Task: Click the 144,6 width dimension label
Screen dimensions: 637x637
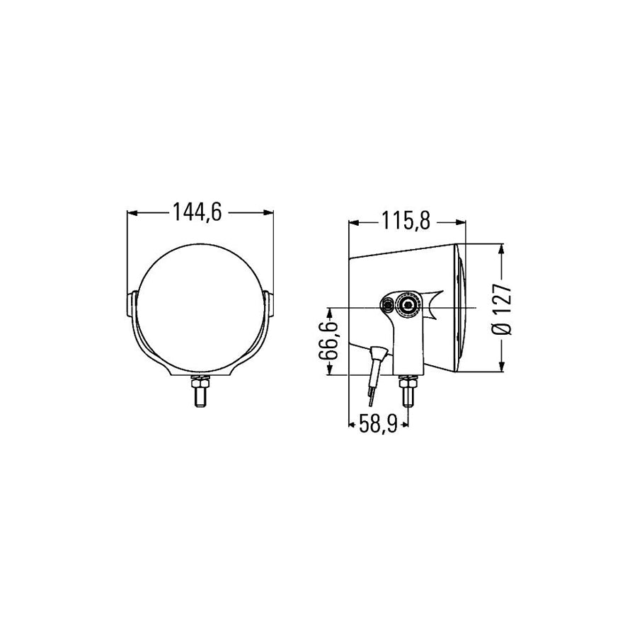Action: tap(197, 212)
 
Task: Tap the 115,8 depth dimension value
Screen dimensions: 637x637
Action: tap(406, 222)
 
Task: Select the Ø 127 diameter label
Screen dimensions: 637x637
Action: tap(502, 309)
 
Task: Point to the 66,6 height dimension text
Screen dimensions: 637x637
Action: tap(328, 341)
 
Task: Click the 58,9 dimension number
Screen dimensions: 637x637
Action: tap(378, 425)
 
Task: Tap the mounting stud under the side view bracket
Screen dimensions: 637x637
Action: tap(408, 397)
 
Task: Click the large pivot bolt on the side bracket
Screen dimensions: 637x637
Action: tap(408, 304)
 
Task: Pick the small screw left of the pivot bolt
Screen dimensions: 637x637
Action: tap(388, 303)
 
